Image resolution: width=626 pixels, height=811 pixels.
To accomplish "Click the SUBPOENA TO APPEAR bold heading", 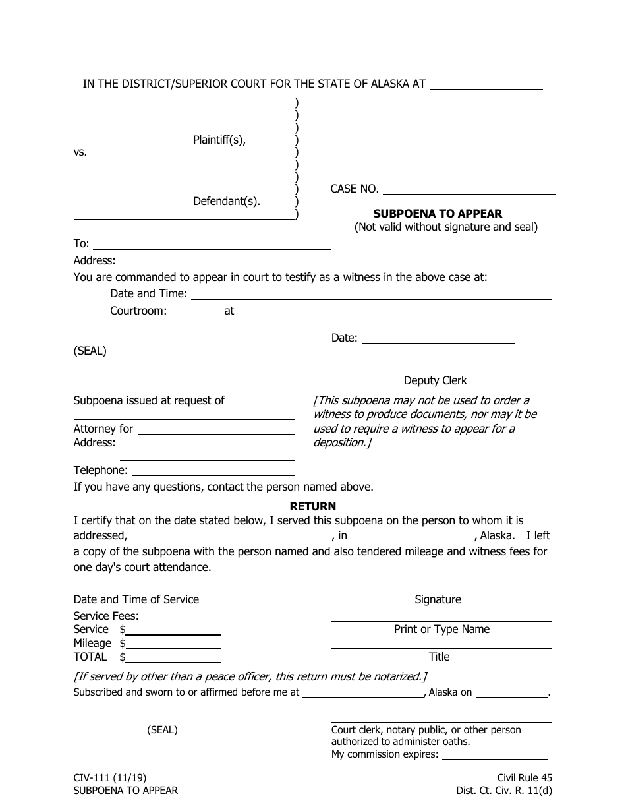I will click(x=438, y=214).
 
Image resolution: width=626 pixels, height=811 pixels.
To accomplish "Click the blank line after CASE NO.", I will click(x=469, y=190).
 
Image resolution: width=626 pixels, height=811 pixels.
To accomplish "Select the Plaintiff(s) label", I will click(x=219, y=140).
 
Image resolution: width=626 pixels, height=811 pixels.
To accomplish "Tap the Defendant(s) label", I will click(x=226, y=202).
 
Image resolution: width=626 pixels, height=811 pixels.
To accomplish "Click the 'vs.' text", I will click(x=80, y=152).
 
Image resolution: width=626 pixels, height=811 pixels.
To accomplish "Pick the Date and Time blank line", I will click(x=371, y=295).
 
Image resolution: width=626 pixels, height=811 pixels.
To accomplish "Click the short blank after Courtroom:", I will click(x=196, y=312).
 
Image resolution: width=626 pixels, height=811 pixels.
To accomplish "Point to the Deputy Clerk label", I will click(x=435, y=380).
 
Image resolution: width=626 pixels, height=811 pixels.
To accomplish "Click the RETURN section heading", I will click(x=313, y=506).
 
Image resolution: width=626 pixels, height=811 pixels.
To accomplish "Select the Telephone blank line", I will click(x=213, y=471).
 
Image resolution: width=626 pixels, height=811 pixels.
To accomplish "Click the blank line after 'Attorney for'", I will click(x=215, y=429).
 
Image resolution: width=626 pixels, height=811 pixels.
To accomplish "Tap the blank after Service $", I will click(x=173, y=630).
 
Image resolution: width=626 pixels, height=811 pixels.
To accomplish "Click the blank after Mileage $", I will click(x=173, y=644).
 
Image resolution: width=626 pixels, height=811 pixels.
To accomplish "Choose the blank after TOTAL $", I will click(x=173, y=658).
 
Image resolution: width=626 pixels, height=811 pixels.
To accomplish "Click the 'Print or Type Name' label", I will click(x=441, y=629).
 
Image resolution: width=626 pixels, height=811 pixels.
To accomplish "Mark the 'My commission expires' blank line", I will click(x=494, y=755).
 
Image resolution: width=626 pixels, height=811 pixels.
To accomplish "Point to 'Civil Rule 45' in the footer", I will click(x=525, y=778).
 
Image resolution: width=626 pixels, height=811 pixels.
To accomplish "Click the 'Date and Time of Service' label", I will click(x=136, y=599).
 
